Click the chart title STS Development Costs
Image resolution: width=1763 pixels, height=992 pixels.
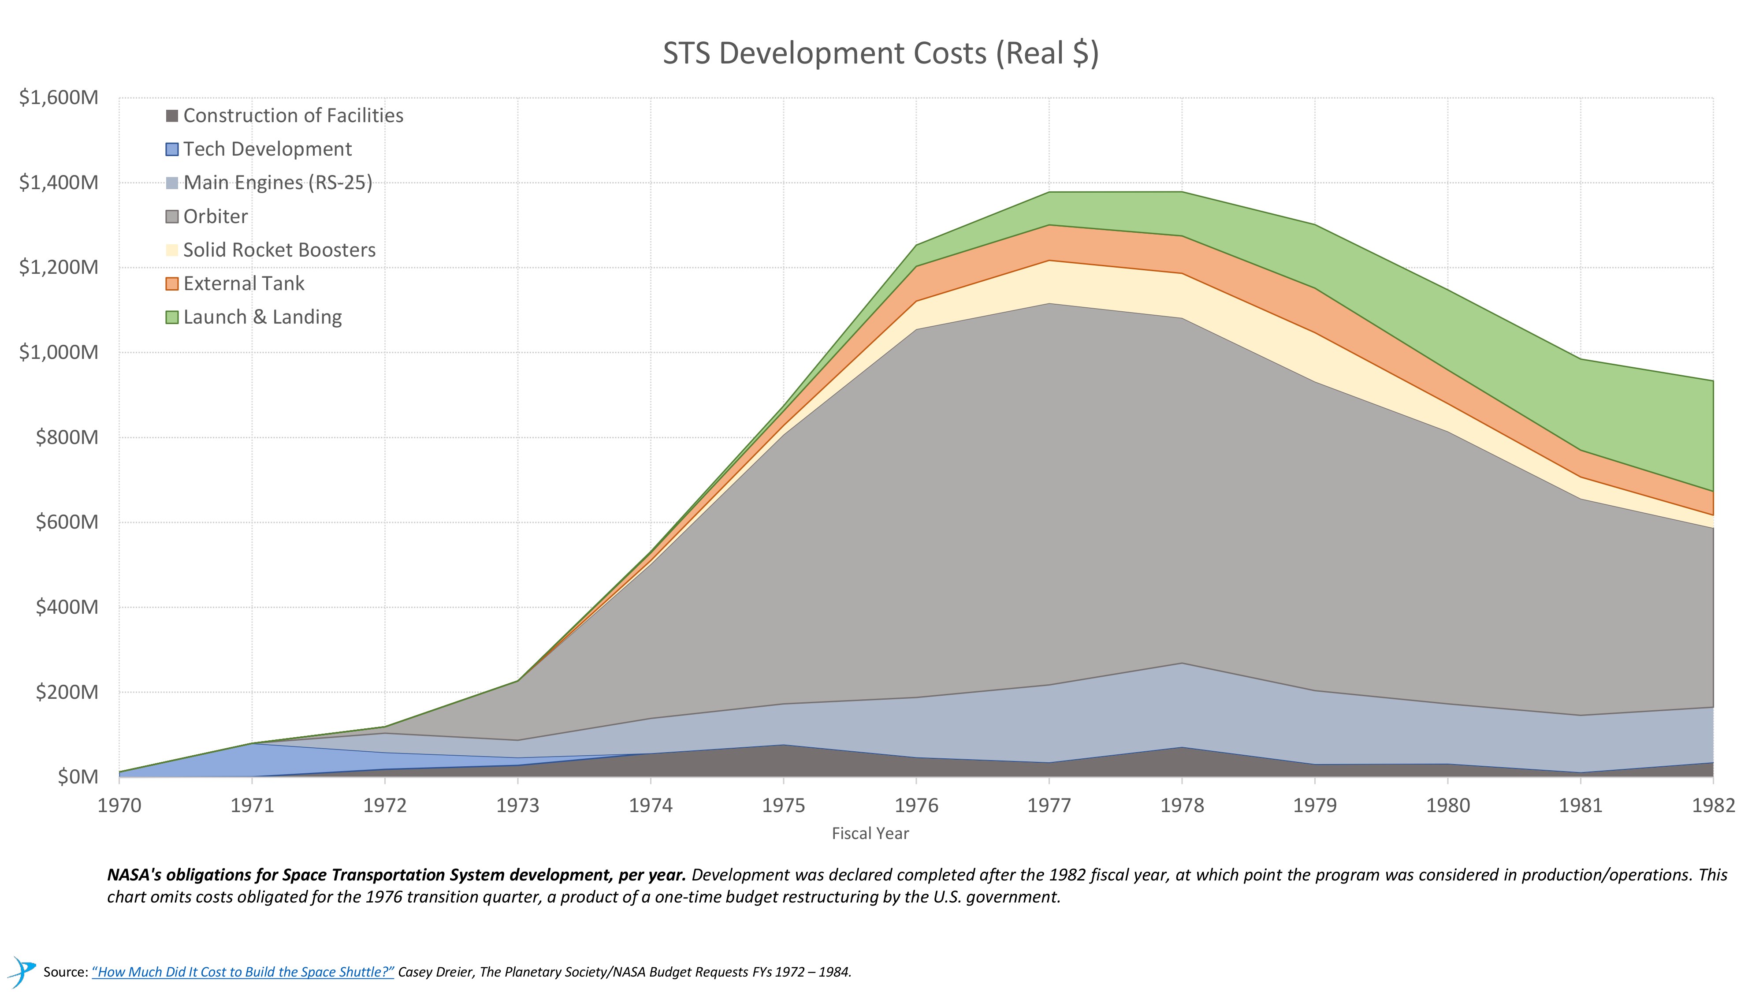(880, 53)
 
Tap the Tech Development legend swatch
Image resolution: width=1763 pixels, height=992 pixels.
(172, 149)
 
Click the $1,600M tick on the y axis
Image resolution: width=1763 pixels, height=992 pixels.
(59, 98)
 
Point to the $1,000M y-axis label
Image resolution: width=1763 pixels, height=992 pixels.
(59, 353)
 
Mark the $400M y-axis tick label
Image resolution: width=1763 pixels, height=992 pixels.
(67, 607)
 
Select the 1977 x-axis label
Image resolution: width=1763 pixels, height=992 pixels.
(1049, 806)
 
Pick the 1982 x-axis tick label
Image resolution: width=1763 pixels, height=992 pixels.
(1713, 806)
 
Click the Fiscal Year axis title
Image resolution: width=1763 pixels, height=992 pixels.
(870, 834)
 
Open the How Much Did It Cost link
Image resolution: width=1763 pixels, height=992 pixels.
(243, 972)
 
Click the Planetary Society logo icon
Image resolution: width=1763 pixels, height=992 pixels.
(22, 971)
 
